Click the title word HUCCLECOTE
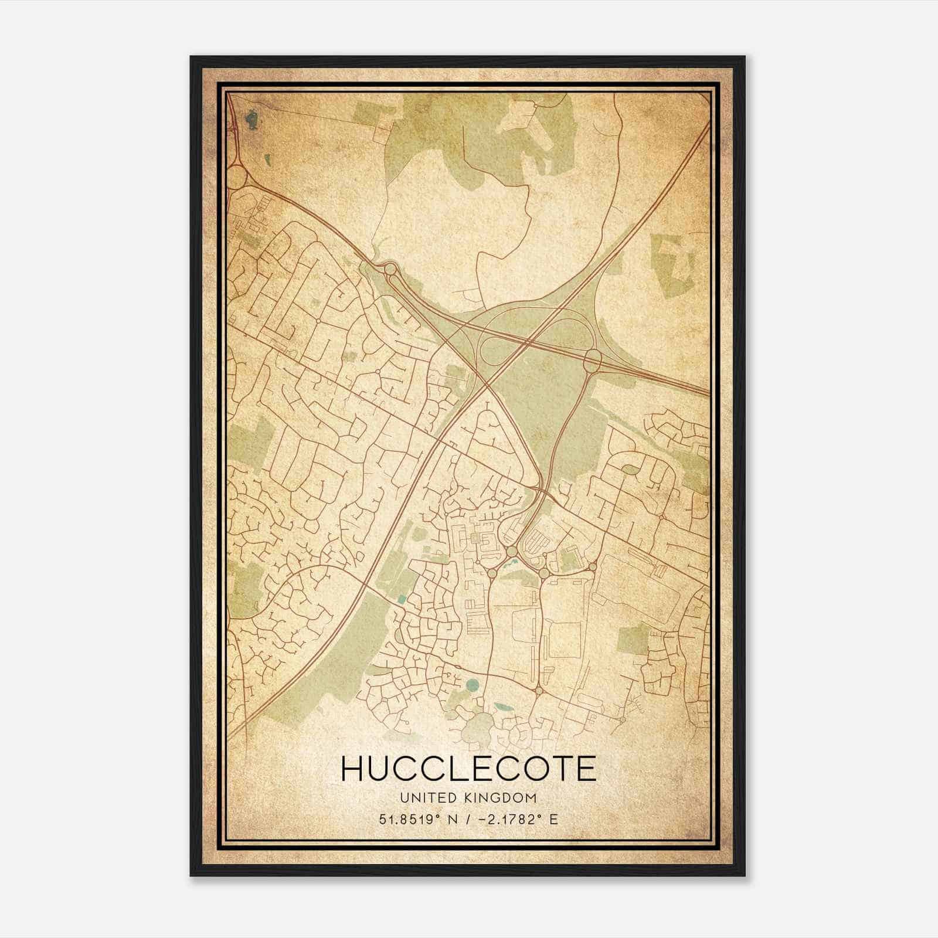pos(468,769)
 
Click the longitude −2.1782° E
pos(514,818)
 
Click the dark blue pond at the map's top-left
pos(252,121)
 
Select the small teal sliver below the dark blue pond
pos(267,159)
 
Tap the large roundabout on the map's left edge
pos(236,177)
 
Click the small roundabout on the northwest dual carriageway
pos(390,269)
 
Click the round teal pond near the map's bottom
pos(472,684)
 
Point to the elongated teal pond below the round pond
pos(502,706)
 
